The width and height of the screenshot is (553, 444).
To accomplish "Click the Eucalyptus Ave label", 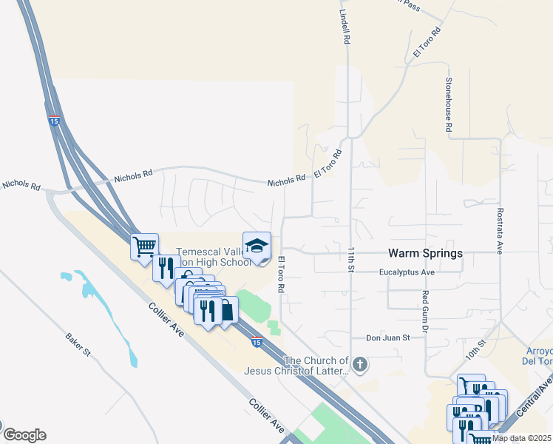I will point(406,272).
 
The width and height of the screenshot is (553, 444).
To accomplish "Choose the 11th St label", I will point(348,258).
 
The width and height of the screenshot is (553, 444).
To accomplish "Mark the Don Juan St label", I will point(388,338).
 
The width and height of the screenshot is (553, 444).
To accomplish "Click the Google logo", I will point(24,434).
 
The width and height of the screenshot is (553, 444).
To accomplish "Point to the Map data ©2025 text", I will point(521,438).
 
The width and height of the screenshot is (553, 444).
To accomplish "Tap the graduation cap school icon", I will point(257,246).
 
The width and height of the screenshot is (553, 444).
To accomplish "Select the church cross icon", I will point(360,363).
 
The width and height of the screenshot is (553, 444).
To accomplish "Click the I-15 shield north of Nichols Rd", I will point(53,121).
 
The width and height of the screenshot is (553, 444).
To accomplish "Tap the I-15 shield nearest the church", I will point(256,342).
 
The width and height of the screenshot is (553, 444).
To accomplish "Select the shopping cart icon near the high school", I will point(145,246).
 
